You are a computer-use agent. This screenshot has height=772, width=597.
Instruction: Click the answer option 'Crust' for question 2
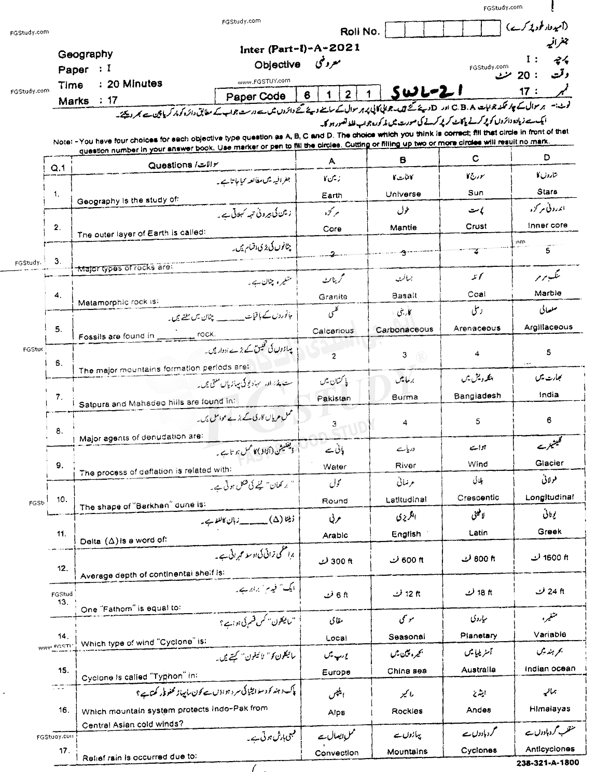tap(476, 226)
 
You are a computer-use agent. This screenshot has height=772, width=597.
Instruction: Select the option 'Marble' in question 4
tap(548, 293)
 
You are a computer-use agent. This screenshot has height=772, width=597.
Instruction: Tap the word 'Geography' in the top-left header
tap(85, 54)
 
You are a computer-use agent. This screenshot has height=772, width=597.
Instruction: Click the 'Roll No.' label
tap(360, 32)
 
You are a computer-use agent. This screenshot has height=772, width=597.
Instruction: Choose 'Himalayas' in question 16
tap(550, 709)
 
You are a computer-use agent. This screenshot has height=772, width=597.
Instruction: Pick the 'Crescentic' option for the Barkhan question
tap(478, 498)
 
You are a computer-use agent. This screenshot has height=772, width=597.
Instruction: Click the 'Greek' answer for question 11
tap(549, 532)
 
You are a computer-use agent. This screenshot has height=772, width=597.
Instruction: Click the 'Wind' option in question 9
tap(477, 464)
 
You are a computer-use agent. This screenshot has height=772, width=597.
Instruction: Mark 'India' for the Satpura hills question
tap(549, 395)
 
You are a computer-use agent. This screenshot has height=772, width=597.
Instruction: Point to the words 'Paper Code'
tap(256, 96)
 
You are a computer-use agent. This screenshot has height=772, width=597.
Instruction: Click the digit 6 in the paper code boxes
tap(307, 95)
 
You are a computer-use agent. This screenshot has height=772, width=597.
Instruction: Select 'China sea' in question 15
tap(406, 671)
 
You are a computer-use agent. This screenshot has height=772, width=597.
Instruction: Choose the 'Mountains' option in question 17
tap(407, 752)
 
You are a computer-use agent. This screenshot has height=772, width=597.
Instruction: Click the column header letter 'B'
tap(403, 160)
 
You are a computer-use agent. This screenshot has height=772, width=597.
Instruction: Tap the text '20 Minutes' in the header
tap(134, 84)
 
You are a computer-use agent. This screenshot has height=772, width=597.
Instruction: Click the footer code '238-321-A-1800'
tap(547, 763)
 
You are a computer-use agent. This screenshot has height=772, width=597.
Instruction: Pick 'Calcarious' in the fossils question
tap(332, 331)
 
